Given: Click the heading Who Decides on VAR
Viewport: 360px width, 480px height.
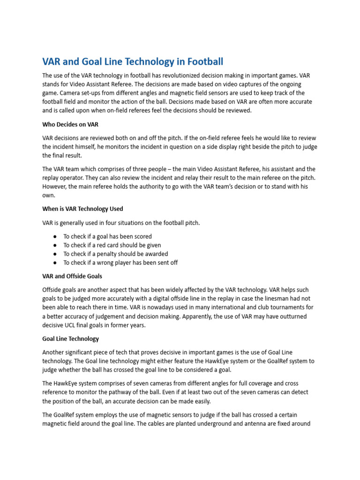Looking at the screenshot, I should [x=70, y=124].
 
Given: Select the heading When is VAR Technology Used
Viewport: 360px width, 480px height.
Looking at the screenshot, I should [x=82, y=209].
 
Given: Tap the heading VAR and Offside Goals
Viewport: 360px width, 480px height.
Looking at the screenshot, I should [x=72, y=276].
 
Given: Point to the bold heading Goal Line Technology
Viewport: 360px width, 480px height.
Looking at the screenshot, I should [x=70, y=338].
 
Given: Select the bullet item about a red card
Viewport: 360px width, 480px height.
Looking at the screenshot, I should [x=112, y=245].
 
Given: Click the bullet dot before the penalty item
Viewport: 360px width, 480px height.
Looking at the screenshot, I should [x=55, y=254].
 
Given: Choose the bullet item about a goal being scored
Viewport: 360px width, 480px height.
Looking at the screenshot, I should [x=107, y=236].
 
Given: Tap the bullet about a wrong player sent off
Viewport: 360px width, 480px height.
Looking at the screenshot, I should [x=120, y=262].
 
